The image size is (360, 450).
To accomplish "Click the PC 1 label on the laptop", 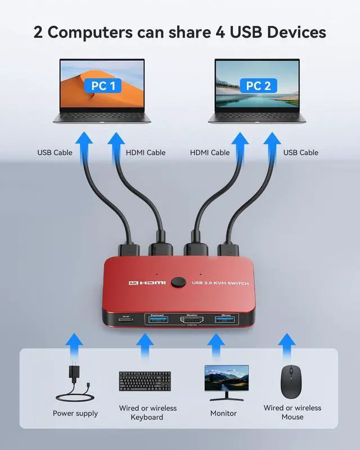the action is (x=103, y=86).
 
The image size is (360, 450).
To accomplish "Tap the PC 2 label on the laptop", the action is (x=258, y=86).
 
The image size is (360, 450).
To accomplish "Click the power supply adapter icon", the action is (x=76, y=381).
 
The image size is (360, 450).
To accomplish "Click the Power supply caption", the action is (x=75, y=413).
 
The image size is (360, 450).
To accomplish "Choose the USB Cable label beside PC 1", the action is (x=55, y=152).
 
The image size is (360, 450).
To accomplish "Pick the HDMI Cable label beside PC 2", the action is (x=210, y=152).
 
